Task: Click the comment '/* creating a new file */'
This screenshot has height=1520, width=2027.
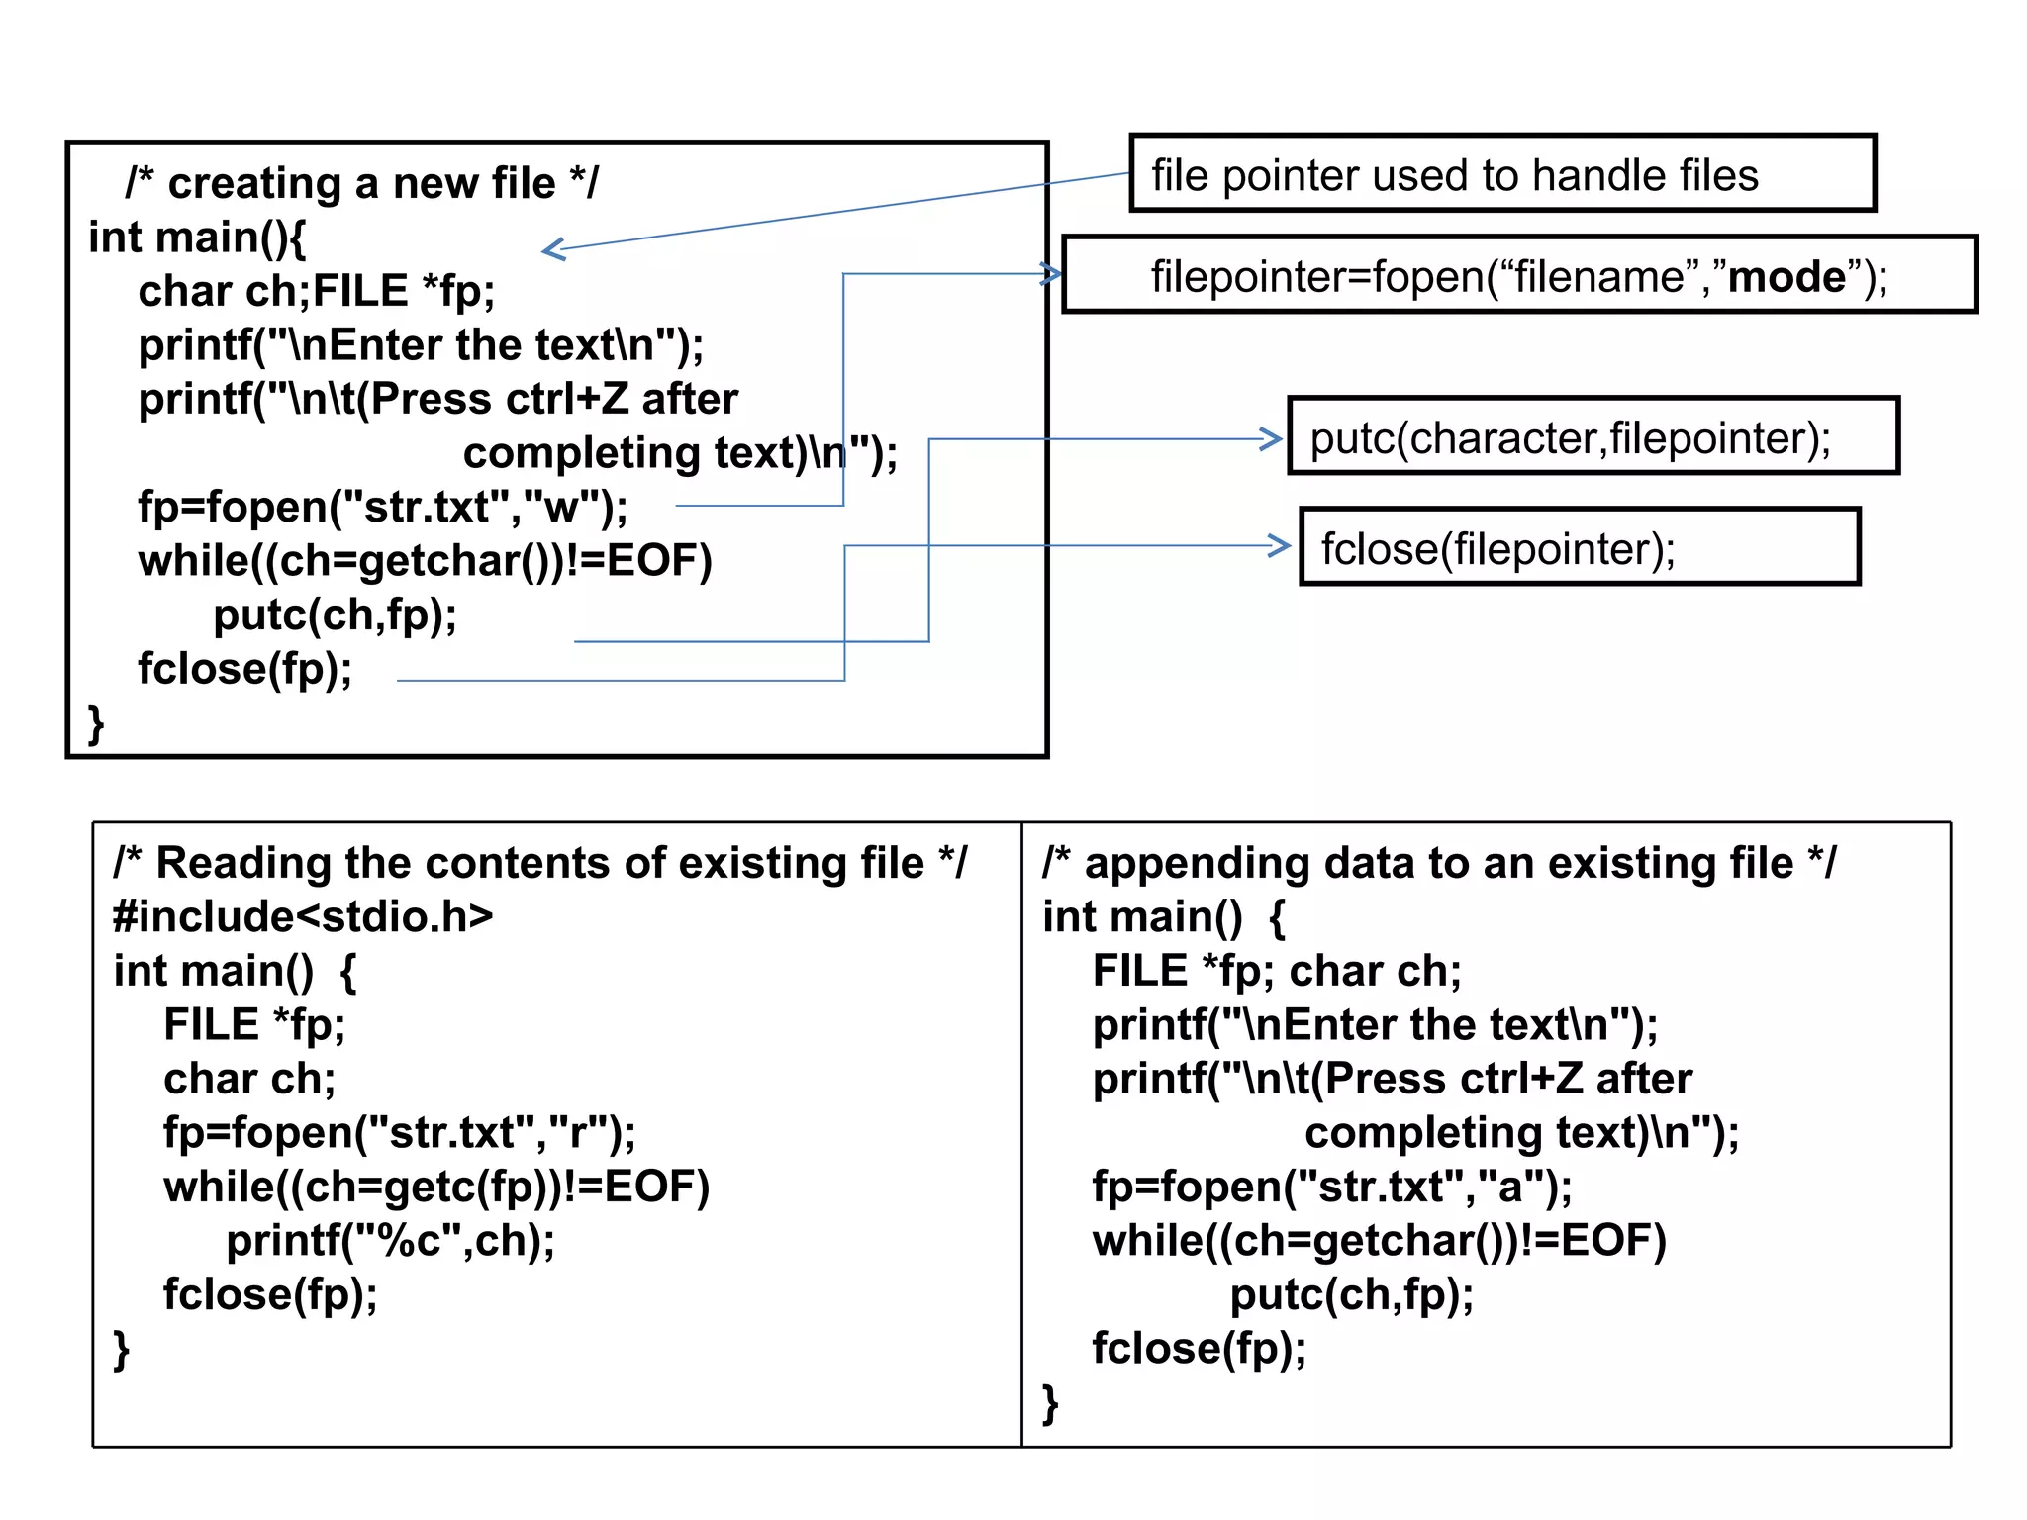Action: [x=361, y=184]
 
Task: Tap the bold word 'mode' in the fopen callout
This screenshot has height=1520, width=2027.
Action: [x=1786, y=276]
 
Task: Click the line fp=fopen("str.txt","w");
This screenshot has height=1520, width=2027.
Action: [x=382, y=507]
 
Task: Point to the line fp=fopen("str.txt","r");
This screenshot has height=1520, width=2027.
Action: [x=400, y=1132]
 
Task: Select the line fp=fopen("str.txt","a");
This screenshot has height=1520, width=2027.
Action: [x=1332, y=1187]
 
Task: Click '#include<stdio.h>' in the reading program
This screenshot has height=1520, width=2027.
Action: [x=303, y=916]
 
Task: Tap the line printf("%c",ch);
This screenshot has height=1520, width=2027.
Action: [x=391, y=1240]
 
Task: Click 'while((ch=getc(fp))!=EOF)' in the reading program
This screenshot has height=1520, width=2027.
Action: [x=436, y=1187]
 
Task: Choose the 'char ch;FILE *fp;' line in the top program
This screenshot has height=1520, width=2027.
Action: [x=317, y=291]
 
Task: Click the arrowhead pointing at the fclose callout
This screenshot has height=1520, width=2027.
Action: [x=1282, y=545]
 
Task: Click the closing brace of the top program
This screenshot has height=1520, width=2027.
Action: [x=96, y=722]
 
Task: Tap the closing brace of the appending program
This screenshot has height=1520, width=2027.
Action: [x=1050, y=1402]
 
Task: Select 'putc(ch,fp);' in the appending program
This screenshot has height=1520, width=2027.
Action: [x=1352, y=1294]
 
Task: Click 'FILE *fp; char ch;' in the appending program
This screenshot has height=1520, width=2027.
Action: [x=1277, y=971]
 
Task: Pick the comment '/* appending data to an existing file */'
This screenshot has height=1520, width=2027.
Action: [x=1439, y=863]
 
